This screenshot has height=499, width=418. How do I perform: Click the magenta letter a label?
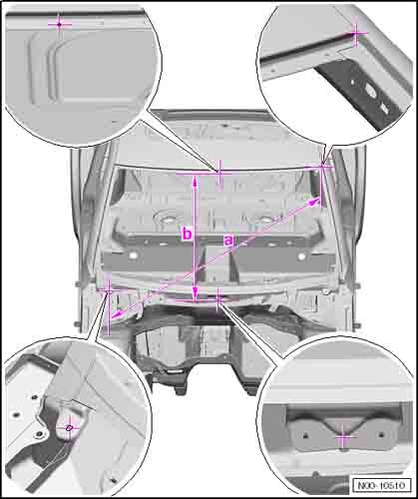coord(228,241)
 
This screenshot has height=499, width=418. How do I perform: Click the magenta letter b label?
coord(188,234)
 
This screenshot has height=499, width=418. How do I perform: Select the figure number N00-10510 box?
coord(382,485)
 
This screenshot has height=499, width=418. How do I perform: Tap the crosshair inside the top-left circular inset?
coord(59,24)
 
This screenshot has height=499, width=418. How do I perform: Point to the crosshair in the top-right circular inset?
coord(356,33)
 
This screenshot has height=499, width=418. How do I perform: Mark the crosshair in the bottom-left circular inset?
coord(69,428)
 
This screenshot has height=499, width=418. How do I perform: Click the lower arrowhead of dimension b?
coord(196,293)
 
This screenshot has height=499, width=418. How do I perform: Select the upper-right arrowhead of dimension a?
coord(315,201)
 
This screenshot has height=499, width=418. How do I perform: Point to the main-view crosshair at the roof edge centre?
coord(218,172)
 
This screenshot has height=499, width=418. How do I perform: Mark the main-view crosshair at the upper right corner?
coord(322,167)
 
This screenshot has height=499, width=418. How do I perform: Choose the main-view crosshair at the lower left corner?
coord(109,290)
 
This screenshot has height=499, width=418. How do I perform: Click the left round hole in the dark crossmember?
coord(134,255)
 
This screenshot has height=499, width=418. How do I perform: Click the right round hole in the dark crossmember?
coord(301,256)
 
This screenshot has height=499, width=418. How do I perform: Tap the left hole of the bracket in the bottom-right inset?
coord(306,435)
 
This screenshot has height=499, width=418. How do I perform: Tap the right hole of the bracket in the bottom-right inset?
coord(382,434)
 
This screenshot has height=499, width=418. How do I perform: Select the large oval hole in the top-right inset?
coord(371,90)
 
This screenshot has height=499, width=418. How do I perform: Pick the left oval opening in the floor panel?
coord(166,219)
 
